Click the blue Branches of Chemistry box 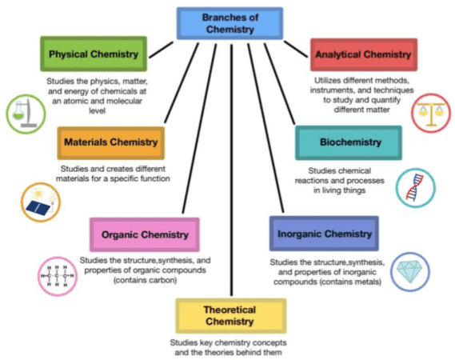click(229, 23)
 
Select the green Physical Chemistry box click(94, 54)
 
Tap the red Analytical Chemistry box click(364, 54)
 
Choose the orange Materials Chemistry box click(111, 143)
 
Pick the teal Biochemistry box click(349, 142)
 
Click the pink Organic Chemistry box click(145, 234)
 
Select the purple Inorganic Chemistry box click(324, 234)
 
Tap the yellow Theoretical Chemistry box click(230, 316)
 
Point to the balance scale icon click(431, 114)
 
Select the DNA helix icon click(416, 188)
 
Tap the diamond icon click(409, 272)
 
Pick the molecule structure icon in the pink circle click(58, 276)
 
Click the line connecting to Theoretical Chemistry click(231, 170)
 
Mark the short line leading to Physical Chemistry click(161, 50)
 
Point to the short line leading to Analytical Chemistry click(296, 49)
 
